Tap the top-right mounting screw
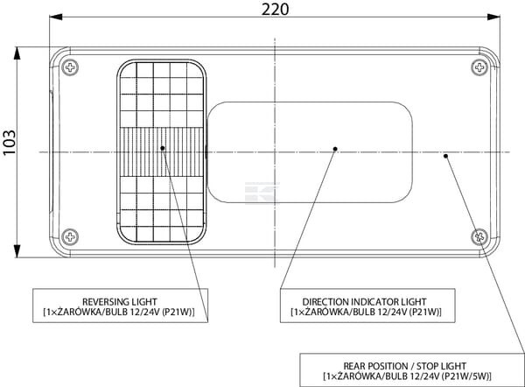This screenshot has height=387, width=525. click(x=479, y=67)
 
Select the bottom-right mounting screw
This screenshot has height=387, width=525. click(x=479, y=236)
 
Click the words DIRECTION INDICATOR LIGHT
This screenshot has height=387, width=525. click(x=365, y=301)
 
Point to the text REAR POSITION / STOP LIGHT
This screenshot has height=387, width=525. click(x=406, y=365)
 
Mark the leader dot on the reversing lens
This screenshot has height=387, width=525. click(x=163, y=148)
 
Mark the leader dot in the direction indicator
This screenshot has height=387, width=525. click(x=335, y=149)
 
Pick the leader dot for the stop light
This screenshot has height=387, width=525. click(x=446, y=156)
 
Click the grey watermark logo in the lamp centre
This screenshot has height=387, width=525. click(x=260, y=190)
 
